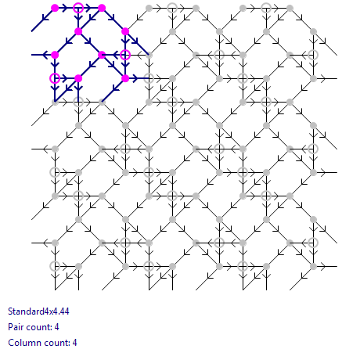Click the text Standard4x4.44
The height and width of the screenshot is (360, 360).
click(x=38, y=311)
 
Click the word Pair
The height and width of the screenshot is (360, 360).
click(x=15, y=327)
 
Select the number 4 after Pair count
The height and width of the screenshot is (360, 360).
click(x=56, y=327)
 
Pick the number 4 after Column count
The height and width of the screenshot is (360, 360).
click(x=74, y=343)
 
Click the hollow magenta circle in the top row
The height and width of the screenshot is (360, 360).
click(x=78, y=8)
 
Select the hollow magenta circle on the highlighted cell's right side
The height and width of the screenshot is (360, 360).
click(x=125, y=55)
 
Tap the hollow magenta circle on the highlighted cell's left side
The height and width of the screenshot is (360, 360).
click(x=55, y=78)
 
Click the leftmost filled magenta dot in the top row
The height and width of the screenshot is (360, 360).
click(x=55, y=8)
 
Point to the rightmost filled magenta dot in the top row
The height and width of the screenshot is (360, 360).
click(x=102, y=8)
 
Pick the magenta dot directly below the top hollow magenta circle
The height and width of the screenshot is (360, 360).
click(x=78, y=31)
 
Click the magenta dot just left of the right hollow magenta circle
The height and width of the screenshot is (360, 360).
click(x=102, y=55)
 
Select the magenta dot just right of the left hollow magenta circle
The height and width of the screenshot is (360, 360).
click(x=78, y=78)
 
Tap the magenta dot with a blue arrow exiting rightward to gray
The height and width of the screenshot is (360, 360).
click(x=125, y=78)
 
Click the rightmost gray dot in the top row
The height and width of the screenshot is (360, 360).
click(x=290, y=8)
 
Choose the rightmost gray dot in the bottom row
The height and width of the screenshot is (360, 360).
click(x=313, y=266)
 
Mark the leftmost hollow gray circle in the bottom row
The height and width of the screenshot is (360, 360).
click(x=55, y=266)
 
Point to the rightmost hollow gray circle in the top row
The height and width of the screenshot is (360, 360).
click(x=266, y=8)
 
